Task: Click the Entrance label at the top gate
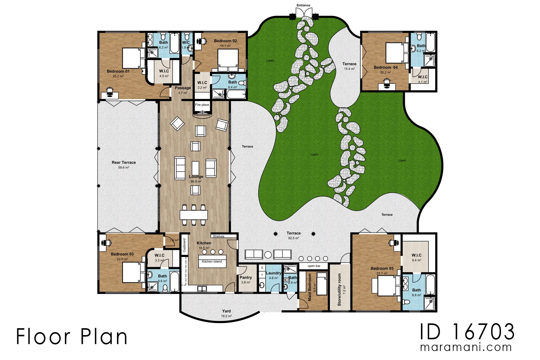(x=303, y=5)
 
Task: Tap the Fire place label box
(x=202, y=105)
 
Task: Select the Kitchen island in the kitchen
(x=212, y=261)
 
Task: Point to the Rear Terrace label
(x=124, y=162)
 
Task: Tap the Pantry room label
(x=246, y=277)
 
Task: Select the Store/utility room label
(x=339, y=289)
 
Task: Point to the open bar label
(x=314, y=266)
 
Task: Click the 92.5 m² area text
(x=293, y=238)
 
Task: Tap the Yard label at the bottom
(x=226, y=311)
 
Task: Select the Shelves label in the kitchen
(x=219, y=236)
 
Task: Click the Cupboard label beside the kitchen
(x=184, y=245)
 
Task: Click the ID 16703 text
(x=467, y=332)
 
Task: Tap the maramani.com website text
(x=466, y=347)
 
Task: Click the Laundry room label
(x=273, y=273)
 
